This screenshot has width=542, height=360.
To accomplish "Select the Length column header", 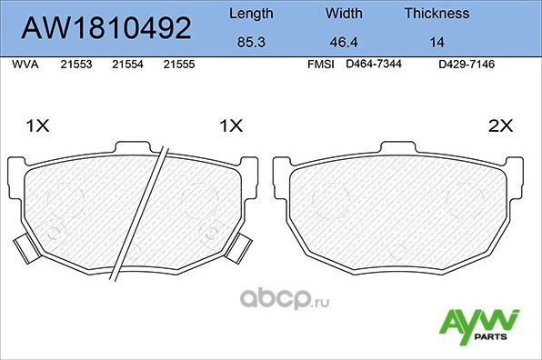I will pos(250,14).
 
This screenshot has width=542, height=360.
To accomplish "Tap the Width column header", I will pos(343,14).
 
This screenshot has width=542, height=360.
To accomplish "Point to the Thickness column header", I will pos(437,14).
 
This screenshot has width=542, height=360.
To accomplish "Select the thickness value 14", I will pos(437,42).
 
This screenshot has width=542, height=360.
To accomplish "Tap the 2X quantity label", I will pos(501,127).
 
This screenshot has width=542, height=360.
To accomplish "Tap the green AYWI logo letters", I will pos(479,321).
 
